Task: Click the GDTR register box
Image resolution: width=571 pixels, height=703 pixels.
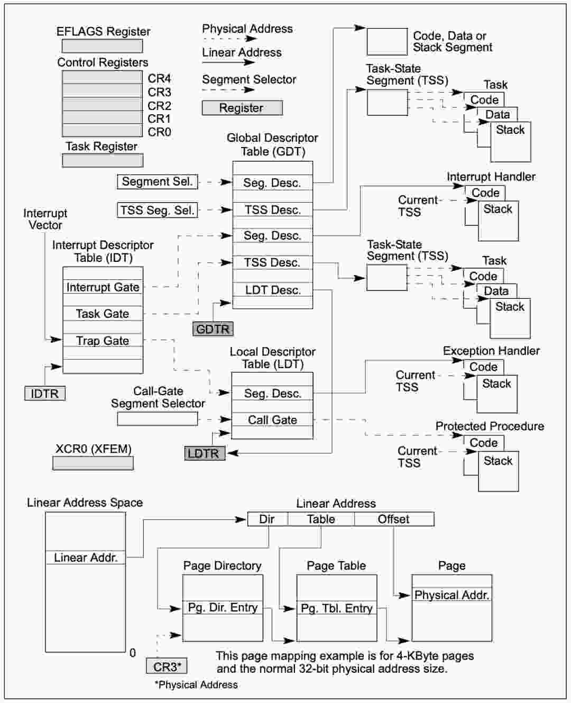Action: tap(213, 328)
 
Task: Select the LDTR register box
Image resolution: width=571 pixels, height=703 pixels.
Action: tap(205, 453)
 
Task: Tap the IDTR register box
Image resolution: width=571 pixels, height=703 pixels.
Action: tap(45, 394)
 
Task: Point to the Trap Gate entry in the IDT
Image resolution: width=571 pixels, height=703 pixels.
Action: tap(103, 340)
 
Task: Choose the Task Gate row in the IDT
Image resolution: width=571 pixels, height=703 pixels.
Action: tap(103, 314)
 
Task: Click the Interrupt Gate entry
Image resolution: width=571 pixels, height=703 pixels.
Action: tap(103, 287)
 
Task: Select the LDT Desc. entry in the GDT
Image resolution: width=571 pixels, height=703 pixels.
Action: tap(273, 290)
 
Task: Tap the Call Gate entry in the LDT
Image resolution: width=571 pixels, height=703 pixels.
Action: tap(272, 420)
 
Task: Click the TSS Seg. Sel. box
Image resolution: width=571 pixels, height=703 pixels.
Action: tap(158, 210)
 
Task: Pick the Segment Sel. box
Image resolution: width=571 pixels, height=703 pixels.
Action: tap(158, 181)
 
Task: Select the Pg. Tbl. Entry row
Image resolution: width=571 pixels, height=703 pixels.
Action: tap(337, 608)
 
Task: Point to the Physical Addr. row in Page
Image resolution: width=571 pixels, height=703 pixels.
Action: tap(452, 595)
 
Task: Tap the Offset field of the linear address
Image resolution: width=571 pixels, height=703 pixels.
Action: tap(394, 519)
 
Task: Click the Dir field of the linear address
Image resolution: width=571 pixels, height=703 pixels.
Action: tap(268, 519)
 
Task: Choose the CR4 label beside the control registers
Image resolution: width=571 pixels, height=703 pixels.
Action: tap(159, 78)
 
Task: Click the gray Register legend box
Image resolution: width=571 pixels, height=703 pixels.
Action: tap(242, 108)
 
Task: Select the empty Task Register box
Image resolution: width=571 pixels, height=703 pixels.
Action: tap(103, 160)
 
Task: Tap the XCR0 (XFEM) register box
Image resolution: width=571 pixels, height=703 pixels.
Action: tap(93, 463)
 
